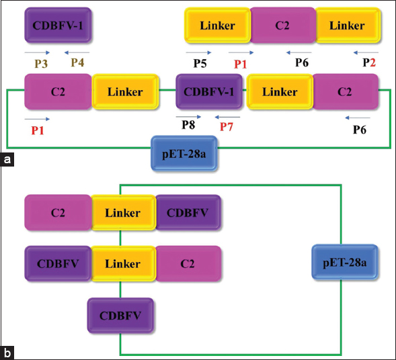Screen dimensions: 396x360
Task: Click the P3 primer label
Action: tap(41, 64)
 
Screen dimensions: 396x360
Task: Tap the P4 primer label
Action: tap(77, 62)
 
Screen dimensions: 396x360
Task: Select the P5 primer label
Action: tap(200, 63)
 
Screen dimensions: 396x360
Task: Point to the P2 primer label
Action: tap(369, 62)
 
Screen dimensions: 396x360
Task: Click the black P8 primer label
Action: tap(188, 125)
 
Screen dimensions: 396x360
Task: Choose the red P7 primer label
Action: tap(226, 127)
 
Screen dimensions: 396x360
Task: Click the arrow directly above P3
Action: tap(37, 52)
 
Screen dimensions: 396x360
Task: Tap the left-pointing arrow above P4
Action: tap(77, 52)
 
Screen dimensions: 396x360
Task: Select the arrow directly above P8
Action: tap(188, 117)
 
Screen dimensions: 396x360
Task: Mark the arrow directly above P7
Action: tap(227, 117)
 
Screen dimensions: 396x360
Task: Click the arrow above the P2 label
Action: tap(366, 52)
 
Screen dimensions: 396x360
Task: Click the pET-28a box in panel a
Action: tap(184, 154)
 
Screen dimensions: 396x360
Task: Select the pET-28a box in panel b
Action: tap(345, 263)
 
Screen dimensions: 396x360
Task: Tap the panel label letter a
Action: tap(7, 160)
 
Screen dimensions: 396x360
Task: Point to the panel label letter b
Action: tap(7, 353)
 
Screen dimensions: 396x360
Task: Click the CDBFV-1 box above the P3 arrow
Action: tap(58, 26)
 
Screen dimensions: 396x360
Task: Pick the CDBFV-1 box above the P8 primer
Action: tap(209, 92)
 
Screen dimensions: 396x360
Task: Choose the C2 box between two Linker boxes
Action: tap(282, 26)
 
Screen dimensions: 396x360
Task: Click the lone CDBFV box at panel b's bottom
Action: tap(120, 316)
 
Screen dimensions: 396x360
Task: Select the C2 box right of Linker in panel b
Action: tap(188, 264)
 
